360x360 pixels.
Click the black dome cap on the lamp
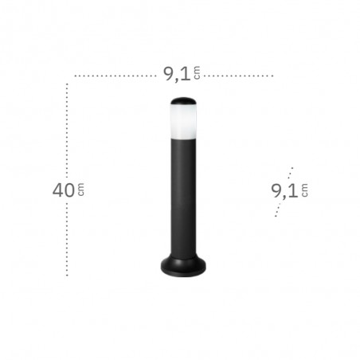183,100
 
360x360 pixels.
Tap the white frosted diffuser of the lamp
183,121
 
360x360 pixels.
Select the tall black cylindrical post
183,198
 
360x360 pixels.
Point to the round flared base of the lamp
183,265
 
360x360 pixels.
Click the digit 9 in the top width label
169,74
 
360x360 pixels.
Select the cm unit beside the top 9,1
197,72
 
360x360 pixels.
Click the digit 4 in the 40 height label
58,190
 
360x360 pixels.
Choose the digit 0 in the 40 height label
69,190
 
